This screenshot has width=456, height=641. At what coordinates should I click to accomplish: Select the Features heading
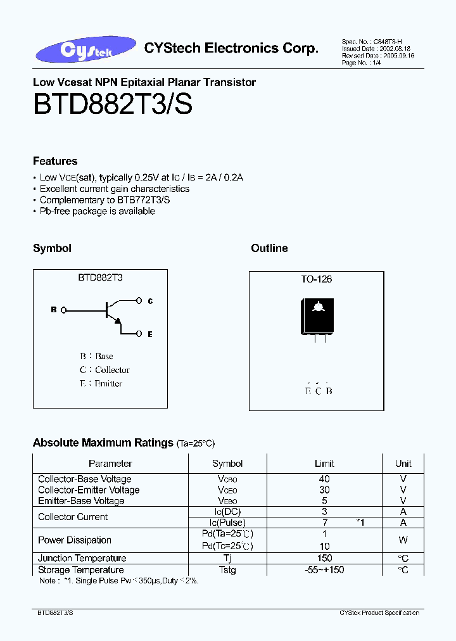(55, 161)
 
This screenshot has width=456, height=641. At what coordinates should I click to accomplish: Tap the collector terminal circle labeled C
(140, 301)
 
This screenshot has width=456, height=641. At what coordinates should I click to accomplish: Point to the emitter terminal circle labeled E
(140, 333)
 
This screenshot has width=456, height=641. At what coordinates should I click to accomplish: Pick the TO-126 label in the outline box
(316, 279)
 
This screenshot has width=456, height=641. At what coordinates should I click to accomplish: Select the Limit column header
(324, 463)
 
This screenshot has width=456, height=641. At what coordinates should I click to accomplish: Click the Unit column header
(403, 463)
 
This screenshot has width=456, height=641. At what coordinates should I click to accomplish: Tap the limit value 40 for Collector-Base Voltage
(324, 479)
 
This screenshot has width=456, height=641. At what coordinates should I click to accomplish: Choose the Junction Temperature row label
(82, 558)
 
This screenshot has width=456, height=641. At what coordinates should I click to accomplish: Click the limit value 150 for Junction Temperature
(324, 558)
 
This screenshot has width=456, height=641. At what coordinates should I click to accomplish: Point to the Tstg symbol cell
(227, 569)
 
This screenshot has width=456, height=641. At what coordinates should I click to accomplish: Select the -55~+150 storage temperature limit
(324, 569)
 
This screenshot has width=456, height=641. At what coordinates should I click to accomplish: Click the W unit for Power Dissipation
(403, 540)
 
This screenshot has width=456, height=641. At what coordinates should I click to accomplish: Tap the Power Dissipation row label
(74, 540)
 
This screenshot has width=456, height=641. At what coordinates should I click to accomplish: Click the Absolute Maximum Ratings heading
(103, 443)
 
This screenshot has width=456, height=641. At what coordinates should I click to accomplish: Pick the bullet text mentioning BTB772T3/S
(104, 200)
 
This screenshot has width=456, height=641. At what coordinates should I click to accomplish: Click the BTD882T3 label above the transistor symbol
(100, 277)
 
